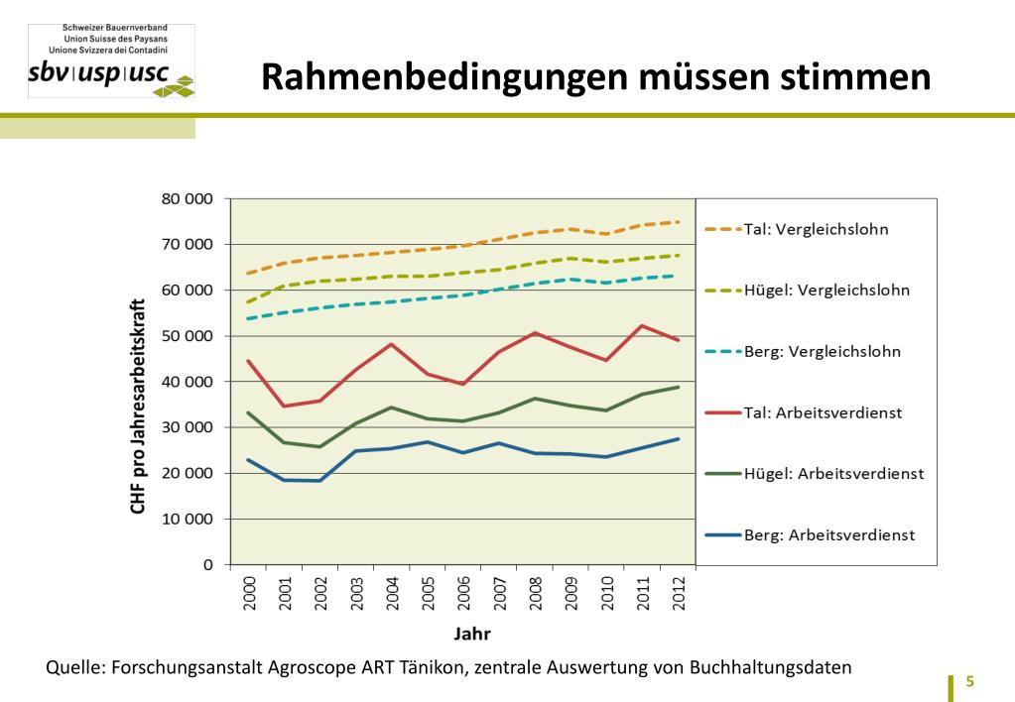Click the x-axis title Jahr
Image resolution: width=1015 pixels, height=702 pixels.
pos(472,634)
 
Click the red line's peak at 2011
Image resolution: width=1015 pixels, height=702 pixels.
pos(642,325)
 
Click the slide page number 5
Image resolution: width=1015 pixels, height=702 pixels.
pos(970,682)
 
